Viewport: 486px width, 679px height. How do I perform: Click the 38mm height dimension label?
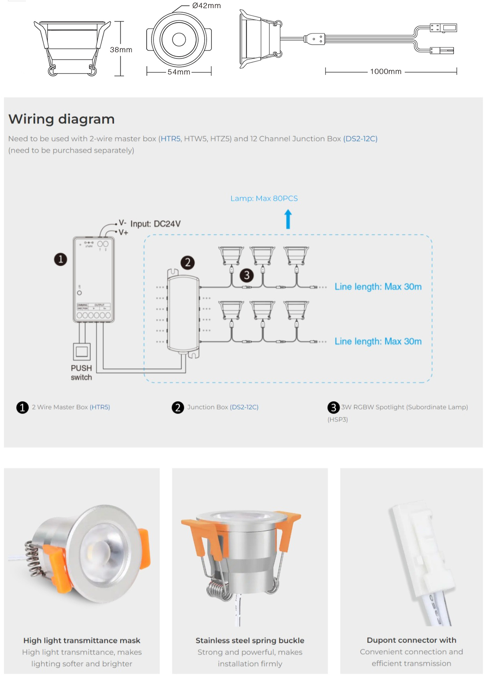pos(121,50)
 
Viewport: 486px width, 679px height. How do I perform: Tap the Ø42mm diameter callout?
pos(206,6)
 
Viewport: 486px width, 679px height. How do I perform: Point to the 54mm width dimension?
pos(179,72)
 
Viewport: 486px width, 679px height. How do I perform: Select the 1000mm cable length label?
pos(385,72)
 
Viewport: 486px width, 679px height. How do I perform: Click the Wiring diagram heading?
pos(62,119)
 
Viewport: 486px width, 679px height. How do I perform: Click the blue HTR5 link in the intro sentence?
pos(171,139)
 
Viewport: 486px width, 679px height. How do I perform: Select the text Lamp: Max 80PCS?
pos(264,198)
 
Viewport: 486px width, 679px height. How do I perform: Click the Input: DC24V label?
pos(155,224)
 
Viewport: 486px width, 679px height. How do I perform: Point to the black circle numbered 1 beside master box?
pos(60,259)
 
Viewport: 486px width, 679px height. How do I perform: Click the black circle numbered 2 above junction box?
pos(187,263)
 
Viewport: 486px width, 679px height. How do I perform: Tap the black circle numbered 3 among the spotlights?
pos(247,275)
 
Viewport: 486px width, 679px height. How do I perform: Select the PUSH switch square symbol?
pos(82,352)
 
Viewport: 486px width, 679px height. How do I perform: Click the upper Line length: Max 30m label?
pos(378,287)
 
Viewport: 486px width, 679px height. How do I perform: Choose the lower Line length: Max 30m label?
pos(378,341)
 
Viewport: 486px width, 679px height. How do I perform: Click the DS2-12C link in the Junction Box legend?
pos(244,407)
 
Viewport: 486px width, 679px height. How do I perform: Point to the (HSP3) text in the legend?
pos(338,419)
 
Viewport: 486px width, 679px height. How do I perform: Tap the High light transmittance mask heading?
pos(82,640)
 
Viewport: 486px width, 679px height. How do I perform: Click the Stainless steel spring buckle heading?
pos(250,640)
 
